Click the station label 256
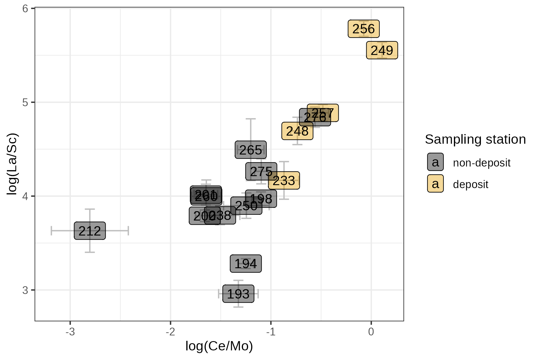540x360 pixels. tap(364, 29)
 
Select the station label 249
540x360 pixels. tap(382, 50)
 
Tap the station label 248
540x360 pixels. tap(297, 131)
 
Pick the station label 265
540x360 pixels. tap(250, 150)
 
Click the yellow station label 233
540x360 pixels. tap(284, 181)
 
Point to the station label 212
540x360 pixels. tap(90, 231)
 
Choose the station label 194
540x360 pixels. tap(246, 264)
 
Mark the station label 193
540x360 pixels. tap(238, 294)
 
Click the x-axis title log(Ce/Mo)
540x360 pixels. tap(219, 346)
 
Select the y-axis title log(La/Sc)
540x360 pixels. tap(12, 164)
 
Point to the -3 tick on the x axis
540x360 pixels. tap(70, 332)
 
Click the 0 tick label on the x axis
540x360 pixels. tap(371, 332)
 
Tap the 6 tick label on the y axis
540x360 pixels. tap(25, 9)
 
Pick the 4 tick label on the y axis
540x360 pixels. tap(25, 196)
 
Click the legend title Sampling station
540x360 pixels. tap(475, 139)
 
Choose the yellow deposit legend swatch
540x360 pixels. tap(435, 184)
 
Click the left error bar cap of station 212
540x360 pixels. tap(52, 231)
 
